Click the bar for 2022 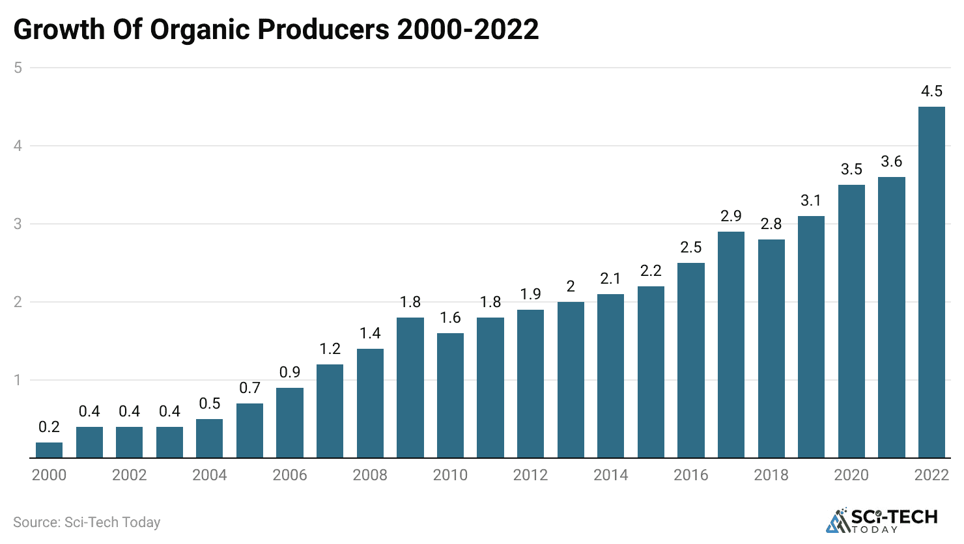(x=931, y=282)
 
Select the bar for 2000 (x=50, y=450)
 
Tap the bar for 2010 (x=450, y=396)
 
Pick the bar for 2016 (x=691, y=360)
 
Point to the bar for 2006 (x=290, y=423)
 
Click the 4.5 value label (x=931, y=91)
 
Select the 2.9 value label (x=731, y=216)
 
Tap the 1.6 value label (x=450, y=318)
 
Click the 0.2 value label (x=50, y=427)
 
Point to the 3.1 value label (x=811, y=200)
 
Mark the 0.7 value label (x=249, y=388)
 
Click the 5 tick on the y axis (x=18, y=68)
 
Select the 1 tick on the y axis (x=18, y=380)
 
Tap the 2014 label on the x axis (x=610, y=475)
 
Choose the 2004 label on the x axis (x=210, y=475)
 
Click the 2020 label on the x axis (x=851, y=475)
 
